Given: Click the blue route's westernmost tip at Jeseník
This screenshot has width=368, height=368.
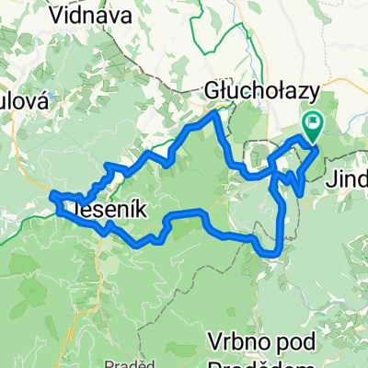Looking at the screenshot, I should pos(52,194).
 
